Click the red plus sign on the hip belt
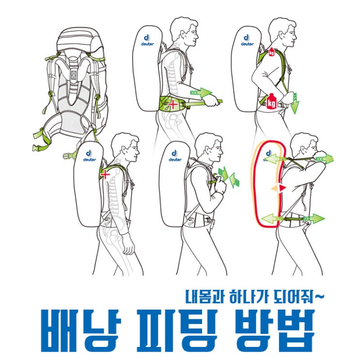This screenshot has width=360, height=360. [x=172, y=105]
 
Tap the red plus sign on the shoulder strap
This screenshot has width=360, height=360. [x=105, y=175]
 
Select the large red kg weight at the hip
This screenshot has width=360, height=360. [x=271, y=101]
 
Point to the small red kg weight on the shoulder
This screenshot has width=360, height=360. [x=272, y=52]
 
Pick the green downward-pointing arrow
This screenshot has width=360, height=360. [x=295, y=103]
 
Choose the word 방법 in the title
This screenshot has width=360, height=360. [x=275, y=330]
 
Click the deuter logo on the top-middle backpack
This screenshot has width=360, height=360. [x=147, y=40]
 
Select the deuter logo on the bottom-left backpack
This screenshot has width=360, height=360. [x=90, y=156]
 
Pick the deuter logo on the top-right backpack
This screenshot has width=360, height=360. [x=247, y=40]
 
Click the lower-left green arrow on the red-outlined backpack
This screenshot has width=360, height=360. [x=270, y=219]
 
